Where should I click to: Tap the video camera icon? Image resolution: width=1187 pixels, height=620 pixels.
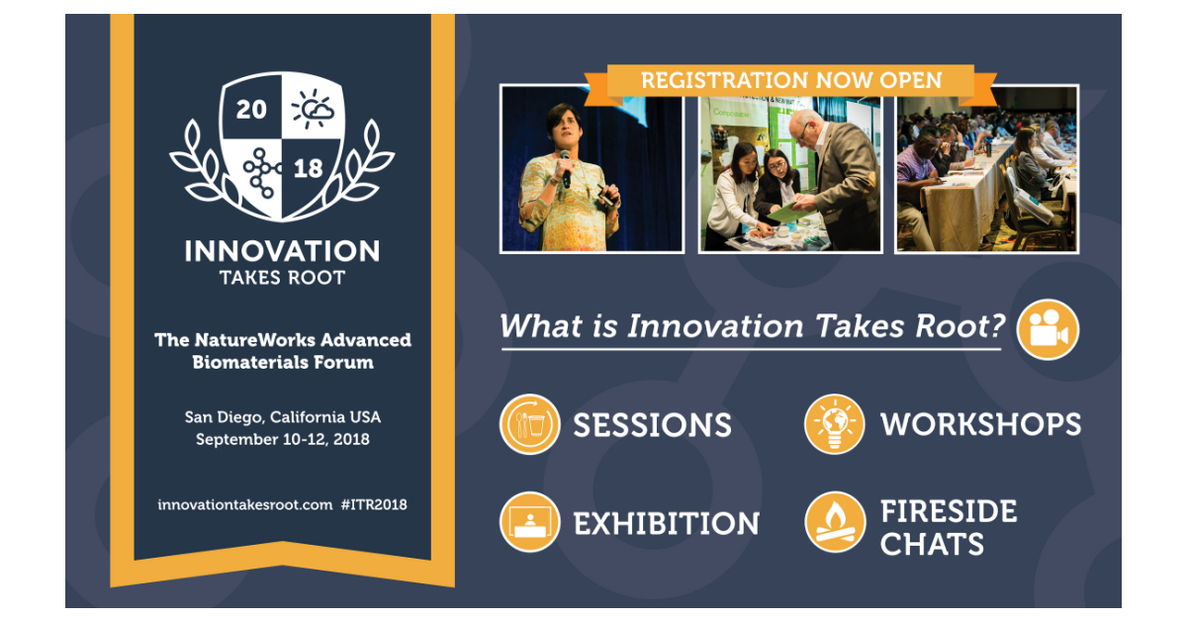tap(1048, 329)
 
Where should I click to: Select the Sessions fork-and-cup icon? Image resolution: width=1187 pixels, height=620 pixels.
tap(530, 424)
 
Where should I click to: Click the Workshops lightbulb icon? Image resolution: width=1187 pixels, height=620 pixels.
tap(834, 424)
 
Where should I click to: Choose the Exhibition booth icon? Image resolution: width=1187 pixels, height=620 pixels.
tap(530, 522)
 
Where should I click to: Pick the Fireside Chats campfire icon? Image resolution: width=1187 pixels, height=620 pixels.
tap(834, 522)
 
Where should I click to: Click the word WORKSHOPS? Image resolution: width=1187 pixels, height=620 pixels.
tap(980, 424)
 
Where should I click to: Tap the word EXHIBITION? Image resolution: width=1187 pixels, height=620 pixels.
tap(666, 523)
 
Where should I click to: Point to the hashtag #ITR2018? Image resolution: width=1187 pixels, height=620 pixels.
tap(374, 504)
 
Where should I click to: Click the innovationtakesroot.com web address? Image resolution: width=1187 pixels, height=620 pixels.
tap(244, 504)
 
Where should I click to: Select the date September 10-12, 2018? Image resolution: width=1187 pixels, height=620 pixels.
tap(283, 438)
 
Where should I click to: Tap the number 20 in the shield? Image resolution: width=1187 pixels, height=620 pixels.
tap(252, 110)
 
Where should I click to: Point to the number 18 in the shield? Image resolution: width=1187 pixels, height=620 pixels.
tap(309, 168)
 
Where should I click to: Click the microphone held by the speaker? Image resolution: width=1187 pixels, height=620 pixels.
tap(565, 163)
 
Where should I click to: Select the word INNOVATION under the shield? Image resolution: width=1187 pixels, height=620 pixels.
tap(282, 251)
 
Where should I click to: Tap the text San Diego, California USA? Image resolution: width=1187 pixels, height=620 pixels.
tap(283, 416)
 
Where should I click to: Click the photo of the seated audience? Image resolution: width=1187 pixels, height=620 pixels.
tap(986, 169)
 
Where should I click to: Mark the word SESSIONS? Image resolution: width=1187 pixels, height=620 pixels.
tap(652, 425)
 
